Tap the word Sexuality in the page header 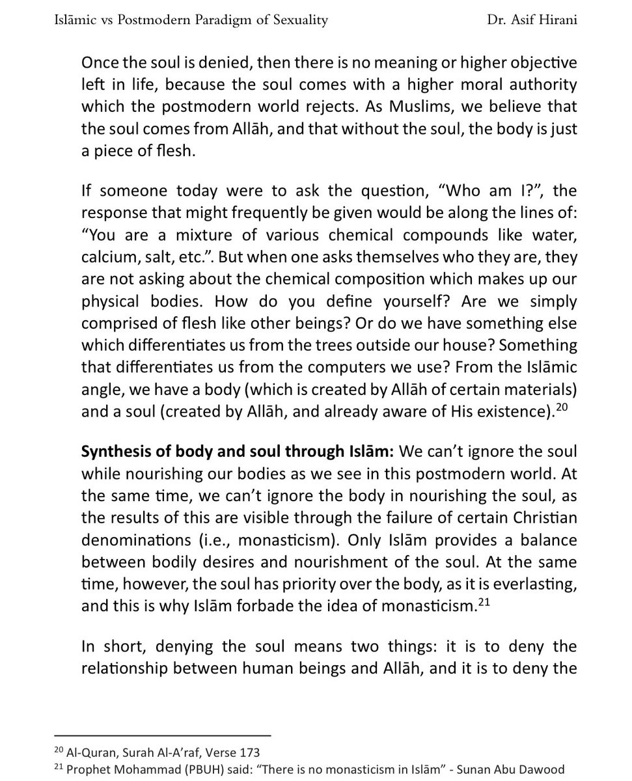pos(294,20)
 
